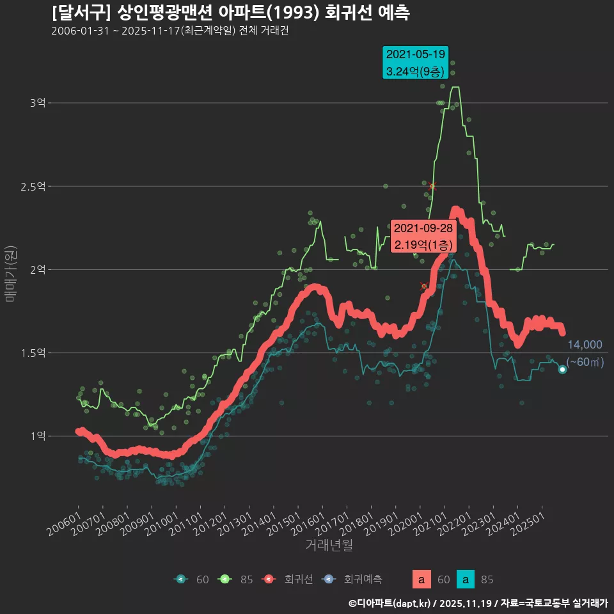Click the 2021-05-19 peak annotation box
(414, 63)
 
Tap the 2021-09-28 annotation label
(423, 237)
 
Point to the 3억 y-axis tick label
(38, 103)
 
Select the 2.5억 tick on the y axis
(33, 187)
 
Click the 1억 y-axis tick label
(38, 436)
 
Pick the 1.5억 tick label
(33, 353)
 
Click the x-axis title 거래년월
(329, 546)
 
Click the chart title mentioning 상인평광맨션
(230, 12)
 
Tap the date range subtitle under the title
(169, 31)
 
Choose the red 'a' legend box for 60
(421, 579)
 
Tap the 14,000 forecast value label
(585, 345)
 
